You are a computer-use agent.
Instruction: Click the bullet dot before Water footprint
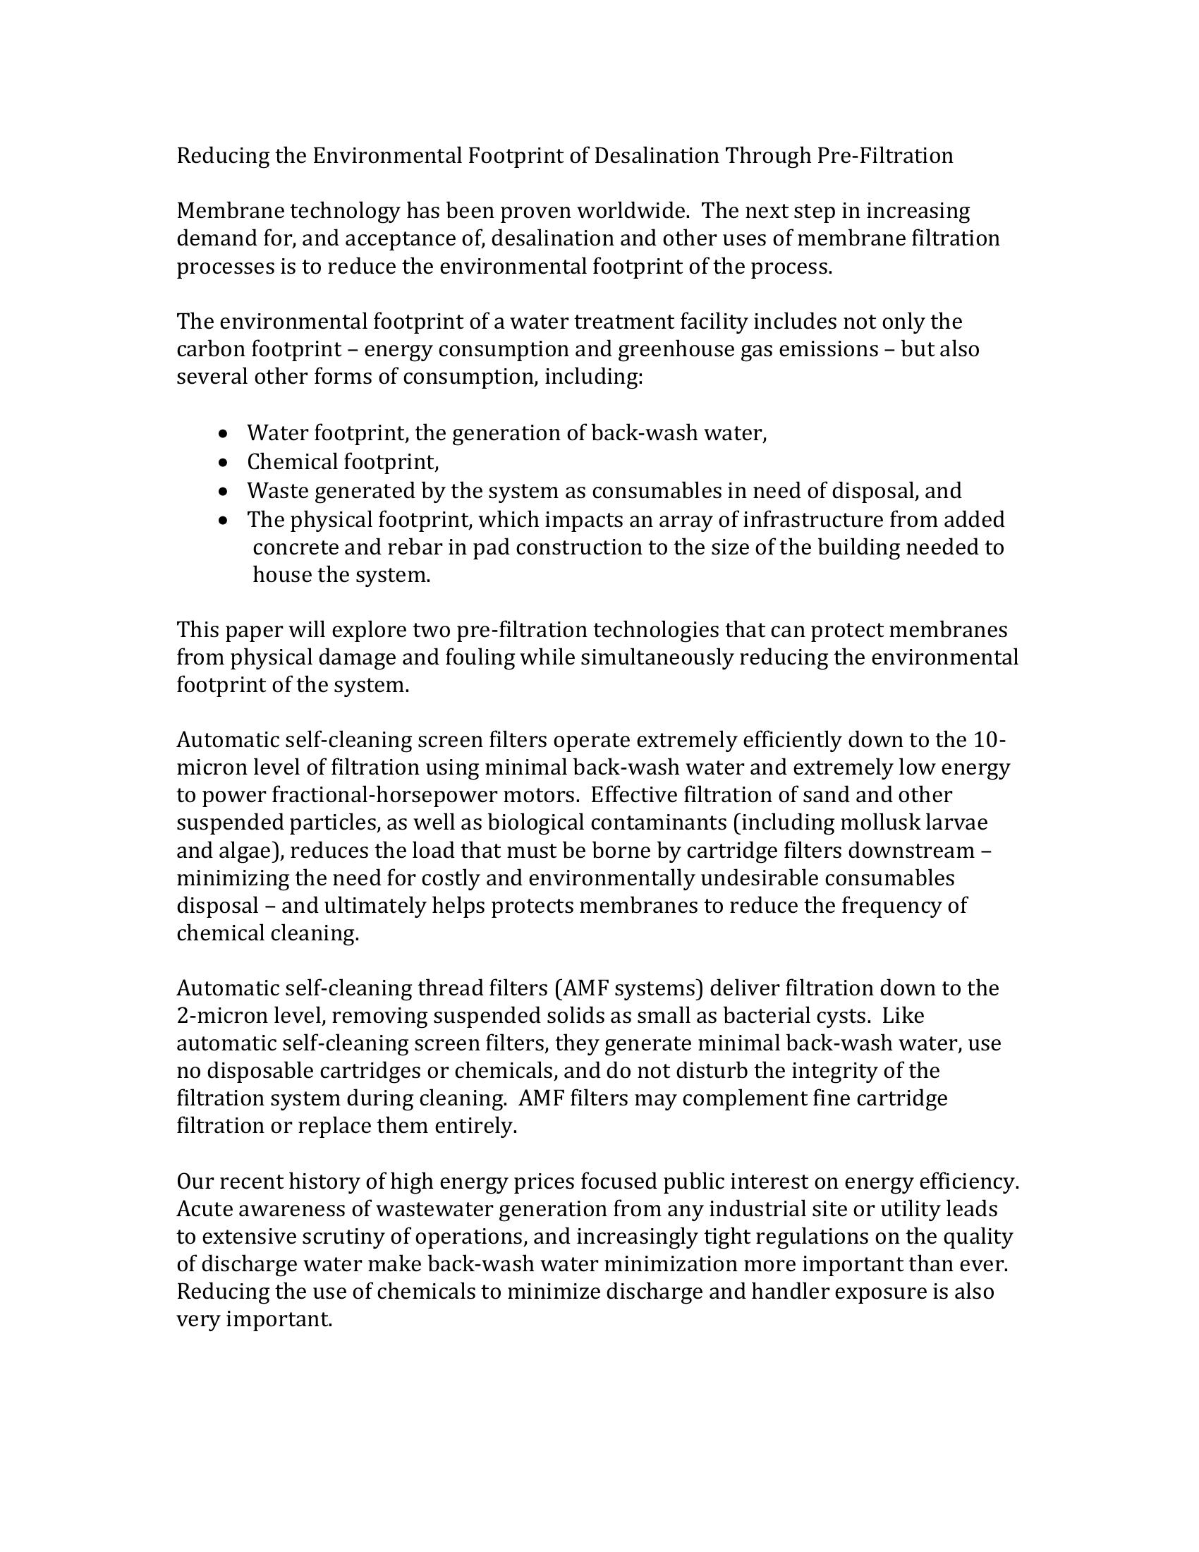[224, 432]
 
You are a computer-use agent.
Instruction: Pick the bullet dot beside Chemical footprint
[224, 463]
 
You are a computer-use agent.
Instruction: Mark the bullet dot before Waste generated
[224, 491]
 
